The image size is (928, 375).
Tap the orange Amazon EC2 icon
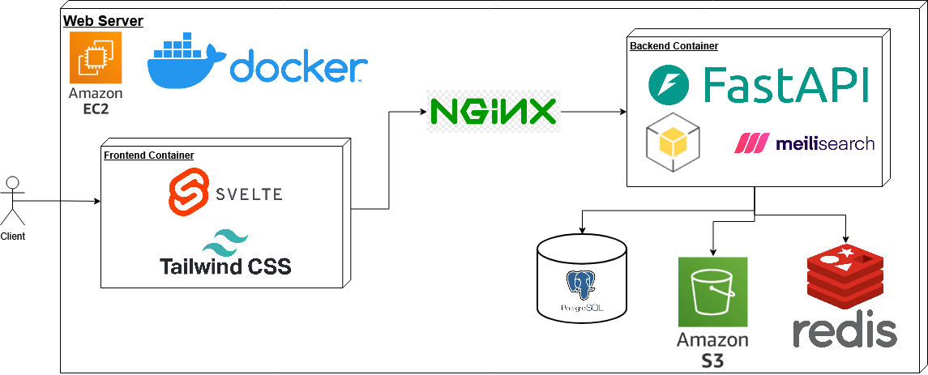click(x=95, y=58)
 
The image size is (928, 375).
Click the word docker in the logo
click(x=299, y=68)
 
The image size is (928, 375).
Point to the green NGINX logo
click(x=493, y=111)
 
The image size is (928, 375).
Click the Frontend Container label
click(x=149, y=155)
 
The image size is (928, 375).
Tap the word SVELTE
click(x=249, y=194)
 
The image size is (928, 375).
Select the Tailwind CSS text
click(x=225, y=266)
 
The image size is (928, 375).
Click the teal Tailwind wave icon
click(x=225, y=241)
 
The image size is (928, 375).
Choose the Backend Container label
click(x=674, y=46)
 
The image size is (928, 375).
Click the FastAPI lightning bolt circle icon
click(x=669, y=85)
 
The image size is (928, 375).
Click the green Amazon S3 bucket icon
click(x=712, y=292)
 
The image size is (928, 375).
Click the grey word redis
click(x=845, y=332)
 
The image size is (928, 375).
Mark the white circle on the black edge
click(x=12, y=182)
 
